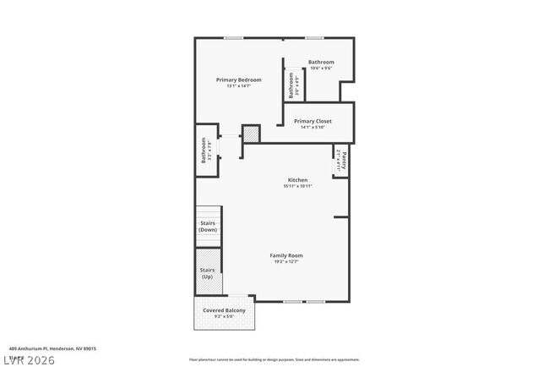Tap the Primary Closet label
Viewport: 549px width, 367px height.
[313, 121]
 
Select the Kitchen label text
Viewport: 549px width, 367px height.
[297, 180]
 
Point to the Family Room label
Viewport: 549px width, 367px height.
[286, 255]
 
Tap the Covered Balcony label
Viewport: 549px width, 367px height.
[224, 311]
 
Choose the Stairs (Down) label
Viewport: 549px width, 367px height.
[208, 227]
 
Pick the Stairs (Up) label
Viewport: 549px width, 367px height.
[208, 273]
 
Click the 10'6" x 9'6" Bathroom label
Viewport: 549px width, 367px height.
[321, 62]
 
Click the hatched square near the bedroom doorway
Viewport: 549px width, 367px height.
[251, 134]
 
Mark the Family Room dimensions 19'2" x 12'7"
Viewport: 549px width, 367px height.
[286, 262]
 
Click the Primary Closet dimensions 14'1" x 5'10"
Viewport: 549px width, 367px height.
[313, 128]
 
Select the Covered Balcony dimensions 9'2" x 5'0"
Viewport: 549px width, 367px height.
[224, 318]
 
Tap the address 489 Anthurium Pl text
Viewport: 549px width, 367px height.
[52, 348]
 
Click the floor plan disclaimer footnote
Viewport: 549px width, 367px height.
[274, 359]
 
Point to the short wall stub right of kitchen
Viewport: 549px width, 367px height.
[341, 217]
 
